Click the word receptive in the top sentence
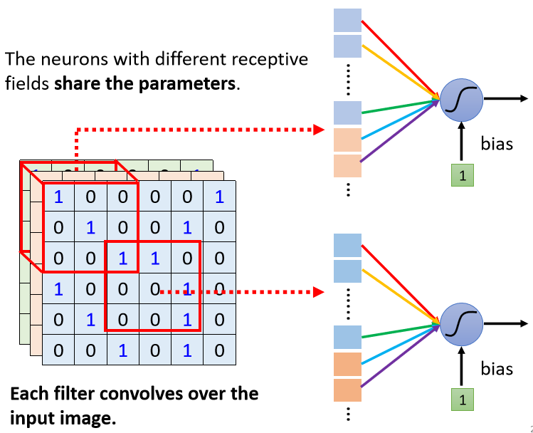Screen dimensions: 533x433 270,60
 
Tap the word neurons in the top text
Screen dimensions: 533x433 75,60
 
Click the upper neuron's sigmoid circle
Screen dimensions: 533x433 461,100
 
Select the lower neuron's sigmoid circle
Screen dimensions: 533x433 461,324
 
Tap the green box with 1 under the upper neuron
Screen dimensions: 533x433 463,175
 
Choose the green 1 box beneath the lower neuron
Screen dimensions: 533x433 463,400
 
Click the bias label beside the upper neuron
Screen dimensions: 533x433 497,143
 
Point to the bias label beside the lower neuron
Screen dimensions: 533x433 497,368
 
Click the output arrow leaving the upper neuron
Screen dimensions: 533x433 506,99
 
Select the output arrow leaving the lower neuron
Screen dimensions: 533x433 506,323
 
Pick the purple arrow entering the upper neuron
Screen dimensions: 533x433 400,130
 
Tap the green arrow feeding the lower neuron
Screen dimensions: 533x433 401,331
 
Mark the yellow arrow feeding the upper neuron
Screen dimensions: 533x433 401,72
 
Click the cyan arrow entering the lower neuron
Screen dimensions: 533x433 401,344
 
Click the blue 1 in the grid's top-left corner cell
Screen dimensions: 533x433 58,197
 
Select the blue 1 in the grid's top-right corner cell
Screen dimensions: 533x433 220,197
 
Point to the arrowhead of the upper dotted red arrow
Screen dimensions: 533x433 319,130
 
